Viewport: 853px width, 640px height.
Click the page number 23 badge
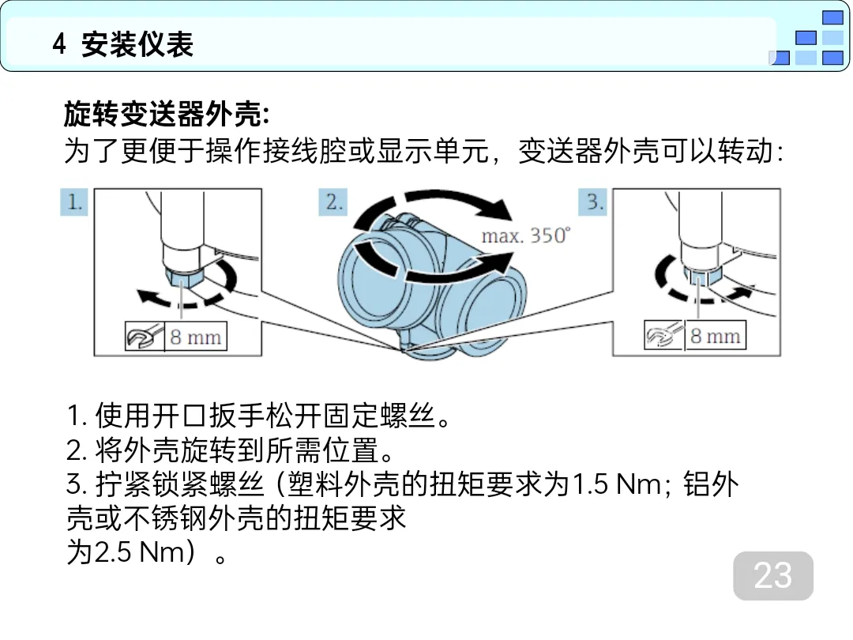[x=773, y=575]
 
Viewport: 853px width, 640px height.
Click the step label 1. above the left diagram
[x=74, y=202]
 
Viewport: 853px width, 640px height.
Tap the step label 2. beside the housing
[x=333, y=202]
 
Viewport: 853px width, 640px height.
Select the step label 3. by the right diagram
[x=593, y=202]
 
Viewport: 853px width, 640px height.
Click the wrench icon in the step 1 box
[x=145, y=337]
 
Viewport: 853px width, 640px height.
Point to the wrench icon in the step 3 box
[x=663, y=335]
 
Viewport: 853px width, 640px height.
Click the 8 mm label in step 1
[x=195, y=337]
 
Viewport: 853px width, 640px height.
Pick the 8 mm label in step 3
[x=716, y=336]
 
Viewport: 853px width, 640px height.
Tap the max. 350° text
[x=526, y=235]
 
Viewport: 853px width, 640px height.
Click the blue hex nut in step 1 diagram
[x=183, y=277]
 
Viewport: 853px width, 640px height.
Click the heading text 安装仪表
[x=137, y=44]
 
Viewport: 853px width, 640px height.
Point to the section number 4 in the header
[x=59, y=44]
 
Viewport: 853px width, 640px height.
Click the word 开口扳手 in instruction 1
[x=209, y=416]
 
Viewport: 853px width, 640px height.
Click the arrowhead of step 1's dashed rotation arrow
[x=146, y=297]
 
